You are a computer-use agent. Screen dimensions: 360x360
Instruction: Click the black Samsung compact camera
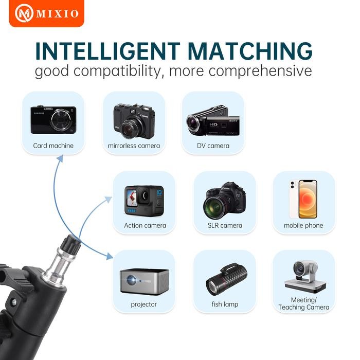point(53,120)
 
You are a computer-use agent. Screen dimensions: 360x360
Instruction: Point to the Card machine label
point(53,146)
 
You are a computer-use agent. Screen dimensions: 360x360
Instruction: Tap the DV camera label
point(213,146)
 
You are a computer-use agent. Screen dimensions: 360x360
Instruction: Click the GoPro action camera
point(144,201)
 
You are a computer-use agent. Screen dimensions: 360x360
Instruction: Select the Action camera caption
point(145,225)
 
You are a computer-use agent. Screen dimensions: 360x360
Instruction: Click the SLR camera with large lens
point(224,201)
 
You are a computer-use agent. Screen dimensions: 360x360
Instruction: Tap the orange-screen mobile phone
point(303,200)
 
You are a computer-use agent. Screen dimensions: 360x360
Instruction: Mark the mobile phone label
point(303,225)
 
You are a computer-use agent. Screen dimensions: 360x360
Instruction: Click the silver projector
point(145,281)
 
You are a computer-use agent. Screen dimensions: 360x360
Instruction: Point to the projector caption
point(144,304)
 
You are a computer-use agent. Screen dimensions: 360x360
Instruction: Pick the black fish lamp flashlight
point(224,280)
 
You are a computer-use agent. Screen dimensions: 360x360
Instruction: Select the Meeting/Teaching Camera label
point(303,303)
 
